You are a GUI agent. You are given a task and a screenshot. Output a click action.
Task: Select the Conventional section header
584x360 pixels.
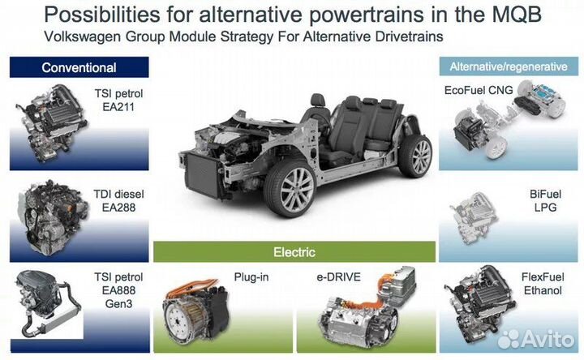[x=79, y=67]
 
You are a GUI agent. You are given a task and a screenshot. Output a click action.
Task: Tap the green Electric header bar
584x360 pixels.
[x=294, y=252]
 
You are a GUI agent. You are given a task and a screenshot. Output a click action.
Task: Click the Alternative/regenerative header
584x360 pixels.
[x=509, y=66]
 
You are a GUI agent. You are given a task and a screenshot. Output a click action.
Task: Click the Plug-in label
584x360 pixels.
[x=249, y=276]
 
